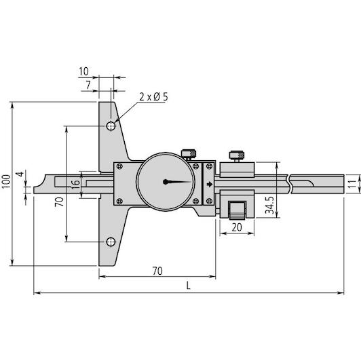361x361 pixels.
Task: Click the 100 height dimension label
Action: [6, 182]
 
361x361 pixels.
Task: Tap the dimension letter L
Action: [189, 286]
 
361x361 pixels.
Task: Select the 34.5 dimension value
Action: [269, 206]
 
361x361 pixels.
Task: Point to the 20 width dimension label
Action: [237, 227]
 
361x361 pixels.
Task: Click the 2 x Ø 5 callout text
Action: [154, 97]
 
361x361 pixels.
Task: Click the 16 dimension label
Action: [75, 185]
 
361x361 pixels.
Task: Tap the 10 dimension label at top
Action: [84, 72]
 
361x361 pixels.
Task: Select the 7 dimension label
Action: [88, 85]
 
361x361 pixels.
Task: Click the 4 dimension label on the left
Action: [21, 174]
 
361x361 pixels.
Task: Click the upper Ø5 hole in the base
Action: [111, 126]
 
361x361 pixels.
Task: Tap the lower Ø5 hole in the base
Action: [111, 242]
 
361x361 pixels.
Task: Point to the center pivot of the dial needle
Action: [166, 182]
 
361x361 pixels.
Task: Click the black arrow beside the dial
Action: [209, 184]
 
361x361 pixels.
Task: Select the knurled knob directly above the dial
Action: [189, 153]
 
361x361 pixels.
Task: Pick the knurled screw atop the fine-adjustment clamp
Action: [237, 155]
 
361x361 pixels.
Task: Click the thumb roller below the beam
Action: [237, 210]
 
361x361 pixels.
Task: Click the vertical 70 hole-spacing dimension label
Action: [60, 202]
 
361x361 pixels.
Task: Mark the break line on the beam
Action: [290, 184]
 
